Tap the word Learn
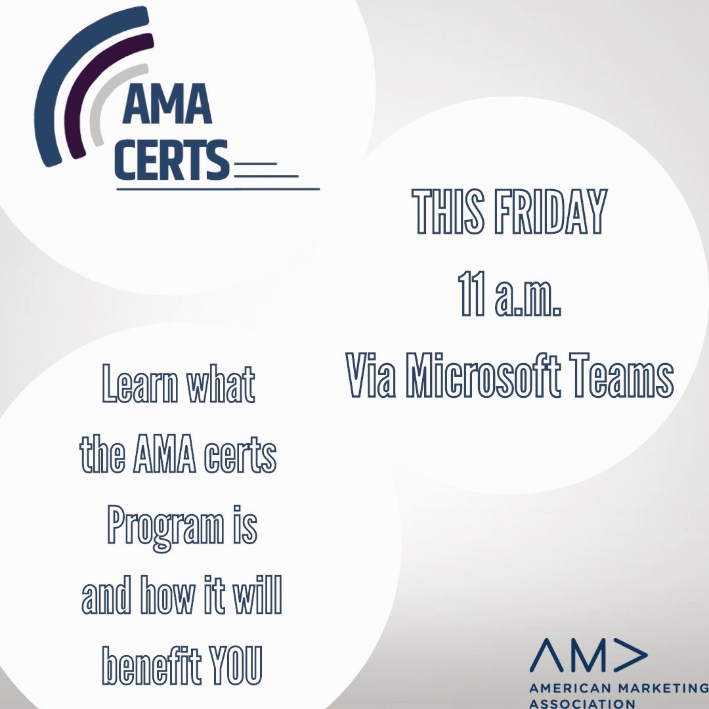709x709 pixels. pos(135,387)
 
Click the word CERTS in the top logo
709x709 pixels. pos(172,160)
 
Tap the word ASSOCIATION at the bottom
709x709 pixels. pos(582,703)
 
